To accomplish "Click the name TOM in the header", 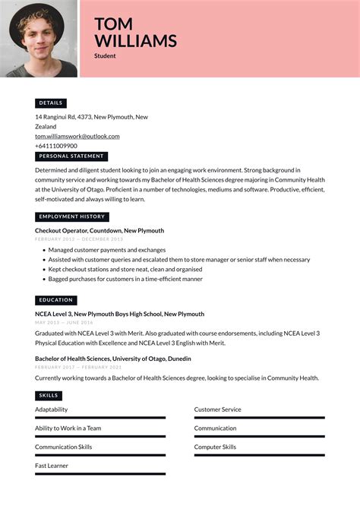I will click(x=113, y=24).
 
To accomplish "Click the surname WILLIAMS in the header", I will click(x=135, y=41).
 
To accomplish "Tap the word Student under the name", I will click(x=105, y=56).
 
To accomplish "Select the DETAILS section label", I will click(x=51, y=103).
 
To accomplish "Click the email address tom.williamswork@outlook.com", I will click(x=77, y=136).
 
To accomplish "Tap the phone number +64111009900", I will click(x=56, y=146).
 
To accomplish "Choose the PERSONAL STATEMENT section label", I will click(x=71, y=156).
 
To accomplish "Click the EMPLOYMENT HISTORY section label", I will click(x=72, y=217).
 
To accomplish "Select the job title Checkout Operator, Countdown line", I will click(x=99, y=230).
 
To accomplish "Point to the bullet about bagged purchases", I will click(x=125, y=279).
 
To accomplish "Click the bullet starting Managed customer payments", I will click(x=106, y=249).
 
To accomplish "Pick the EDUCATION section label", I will click(x=55, y=300).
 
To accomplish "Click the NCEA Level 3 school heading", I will click(x=119, y=314).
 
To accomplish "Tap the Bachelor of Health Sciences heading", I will click(x=112, y=359).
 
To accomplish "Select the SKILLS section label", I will click(x=48, y=396).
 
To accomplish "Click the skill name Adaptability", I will click(x=51, y=409).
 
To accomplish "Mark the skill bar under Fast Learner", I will click(x=99, y=474).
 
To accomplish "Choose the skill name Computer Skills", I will click(x=215, y=447).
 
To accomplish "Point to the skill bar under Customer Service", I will click(x=259, y=418).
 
